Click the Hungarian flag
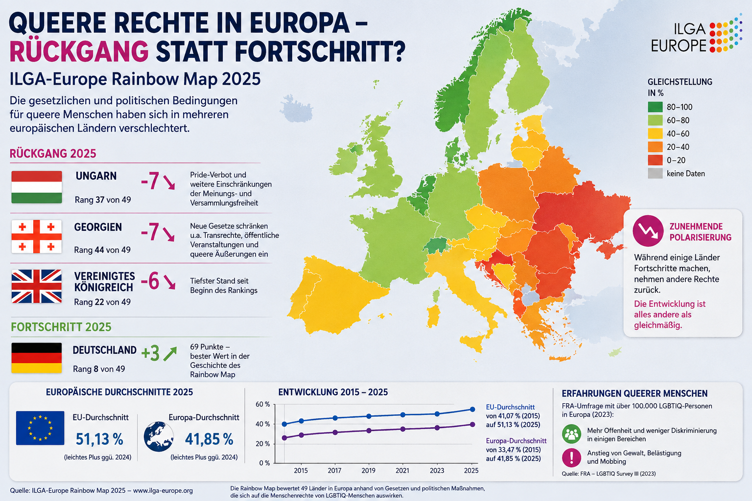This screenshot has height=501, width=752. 37,187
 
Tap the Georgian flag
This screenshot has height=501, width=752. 37,237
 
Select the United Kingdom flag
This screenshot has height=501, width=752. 37,286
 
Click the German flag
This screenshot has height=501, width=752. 37,358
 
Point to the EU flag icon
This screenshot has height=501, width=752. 40,428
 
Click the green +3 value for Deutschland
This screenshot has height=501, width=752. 150,353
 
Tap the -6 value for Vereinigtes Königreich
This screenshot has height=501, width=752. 150,281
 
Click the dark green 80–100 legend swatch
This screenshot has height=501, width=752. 655,107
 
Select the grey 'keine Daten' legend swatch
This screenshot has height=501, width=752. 655,174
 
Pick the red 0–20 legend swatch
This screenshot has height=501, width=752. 655,160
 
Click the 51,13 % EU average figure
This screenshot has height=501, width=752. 99,439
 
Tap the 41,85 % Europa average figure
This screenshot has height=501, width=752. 209,439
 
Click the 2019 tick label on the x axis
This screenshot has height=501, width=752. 368,471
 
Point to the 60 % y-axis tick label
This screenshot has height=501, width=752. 263,404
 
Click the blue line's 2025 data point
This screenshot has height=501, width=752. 472,410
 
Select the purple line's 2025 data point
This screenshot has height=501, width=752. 472,425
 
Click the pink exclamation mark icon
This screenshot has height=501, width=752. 571,457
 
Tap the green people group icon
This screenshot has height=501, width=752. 571,434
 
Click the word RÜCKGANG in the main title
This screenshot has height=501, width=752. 79,51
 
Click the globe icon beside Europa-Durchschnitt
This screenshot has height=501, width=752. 159,436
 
